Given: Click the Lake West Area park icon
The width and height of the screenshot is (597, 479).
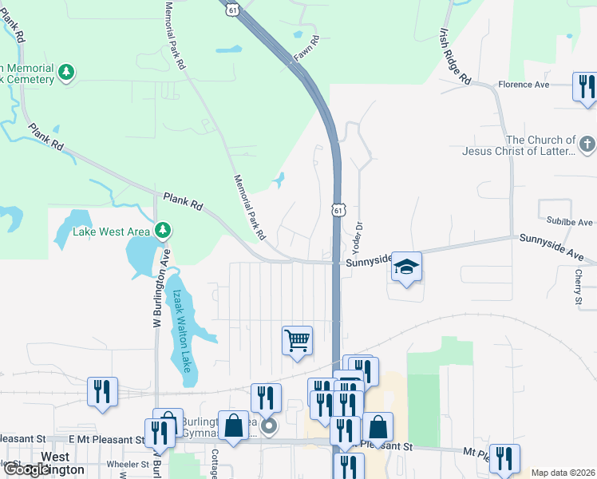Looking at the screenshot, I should click(163, 231).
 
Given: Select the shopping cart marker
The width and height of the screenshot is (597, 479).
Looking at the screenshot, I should click(297, 341).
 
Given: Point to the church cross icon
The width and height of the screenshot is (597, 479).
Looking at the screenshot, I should click(587, 145).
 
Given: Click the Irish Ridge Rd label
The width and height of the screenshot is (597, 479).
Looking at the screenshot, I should click(455, 57).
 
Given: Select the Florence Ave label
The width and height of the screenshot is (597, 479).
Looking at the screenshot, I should click(524, 84).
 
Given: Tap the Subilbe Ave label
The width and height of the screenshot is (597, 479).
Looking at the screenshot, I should click(570, 222).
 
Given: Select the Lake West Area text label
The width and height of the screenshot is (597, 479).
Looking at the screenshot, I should click(112, 232).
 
